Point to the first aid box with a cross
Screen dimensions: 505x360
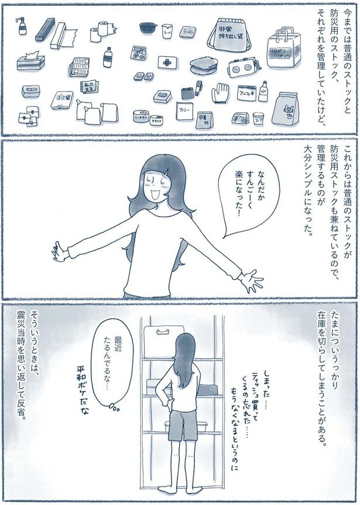tap(168, 62)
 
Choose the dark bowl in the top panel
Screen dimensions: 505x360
tap(148, 28)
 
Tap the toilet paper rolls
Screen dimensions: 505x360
tap(102, 32)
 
